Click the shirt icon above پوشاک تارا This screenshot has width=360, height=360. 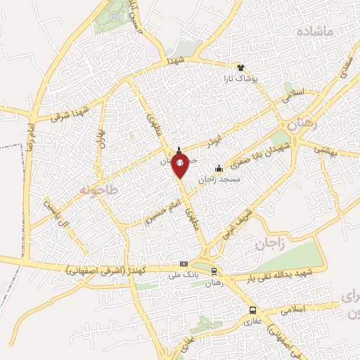click(241, 67)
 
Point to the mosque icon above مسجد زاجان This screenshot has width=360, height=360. click(219, 168)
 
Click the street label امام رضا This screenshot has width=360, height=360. click(31, 139)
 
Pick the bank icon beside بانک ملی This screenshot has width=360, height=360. click(184, 264)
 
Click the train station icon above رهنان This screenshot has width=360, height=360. click(214, 271)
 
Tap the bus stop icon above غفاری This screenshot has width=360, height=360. click(252, 310)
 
